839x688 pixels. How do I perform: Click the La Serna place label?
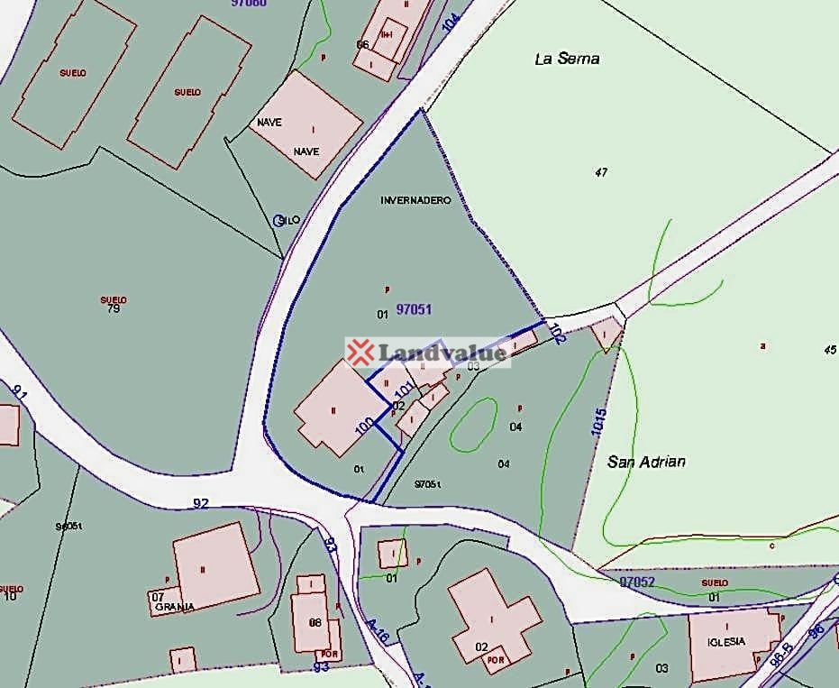(x=567, y=59)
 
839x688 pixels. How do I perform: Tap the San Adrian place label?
(x=646, y=462)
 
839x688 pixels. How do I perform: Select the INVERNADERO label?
(x=415, y=200)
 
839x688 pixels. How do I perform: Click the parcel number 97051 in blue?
(x=414, y=309)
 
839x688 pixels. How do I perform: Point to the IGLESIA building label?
(x=726, y=641)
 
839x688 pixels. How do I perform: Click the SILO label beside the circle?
(x=290, y=220)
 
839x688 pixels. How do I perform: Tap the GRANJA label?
(x=174, y=607)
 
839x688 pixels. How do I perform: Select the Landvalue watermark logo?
(x=427, y=353)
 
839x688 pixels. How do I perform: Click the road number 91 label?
(x=20, y=392)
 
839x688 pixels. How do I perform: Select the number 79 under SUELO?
(x=113, y=309)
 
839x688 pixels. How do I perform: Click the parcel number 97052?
(x=636, y=583)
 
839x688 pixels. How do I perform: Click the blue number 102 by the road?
(x=556, y=335)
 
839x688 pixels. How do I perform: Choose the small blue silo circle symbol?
(x=278, y=220)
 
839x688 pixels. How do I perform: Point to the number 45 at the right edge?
(x=829, y=350)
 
